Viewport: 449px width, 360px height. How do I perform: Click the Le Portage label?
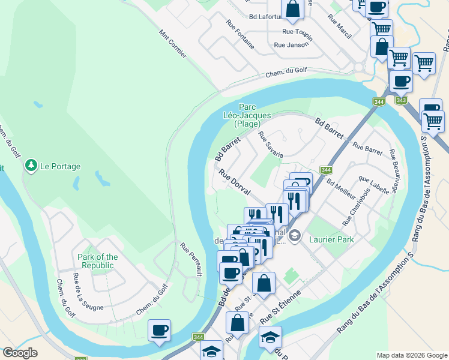coord(60,166)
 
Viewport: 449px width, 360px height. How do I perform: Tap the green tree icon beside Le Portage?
coord(31,165)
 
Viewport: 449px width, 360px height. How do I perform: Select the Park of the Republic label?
coord(98,261)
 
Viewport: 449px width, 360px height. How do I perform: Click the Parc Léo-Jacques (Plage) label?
coord(247,115)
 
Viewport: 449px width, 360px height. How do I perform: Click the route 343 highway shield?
coord(402,100)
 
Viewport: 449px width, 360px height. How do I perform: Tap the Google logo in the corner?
coord(20,353)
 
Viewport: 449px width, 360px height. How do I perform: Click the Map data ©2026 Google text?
coord(412,355)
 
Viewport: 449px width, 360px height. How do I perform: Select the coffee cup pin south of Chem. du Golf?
coord(159,330)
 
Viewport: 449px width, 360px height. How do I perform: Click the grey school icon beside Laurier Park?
coord(294,237)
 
